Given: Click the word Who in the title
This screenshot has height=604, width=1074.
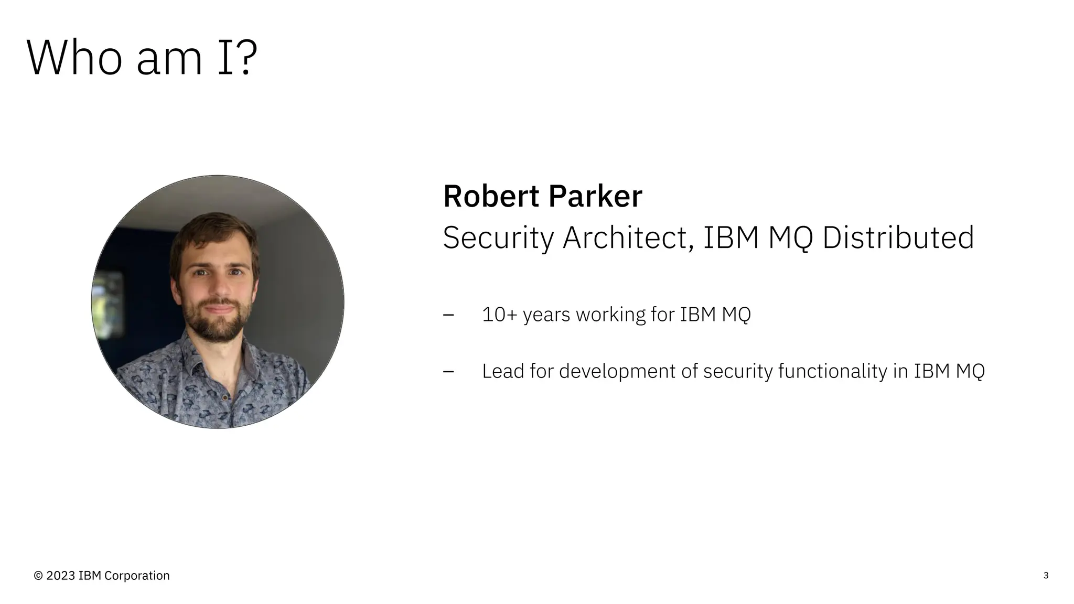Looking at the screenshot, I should pyautogui.click(x=74, y=58).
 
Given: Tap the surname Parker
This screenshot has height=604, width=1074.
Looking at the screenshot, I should pyautogui.click(x=595, y=197).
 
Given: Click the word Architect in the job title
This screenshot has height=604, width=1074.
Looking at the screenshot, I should pyautogui.click(x=625, y=238).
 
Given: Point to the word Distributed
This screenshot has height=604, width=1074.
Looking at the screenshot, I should pyautogui.click(x=898, y=238).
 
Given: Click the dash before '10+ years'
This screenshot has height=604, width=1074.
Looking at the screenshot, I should pyautogui.click(x=448, y=315).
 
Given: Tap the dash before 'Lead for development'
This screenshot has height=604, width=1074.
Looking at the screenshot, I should pyautogui.click(x=448, y=372).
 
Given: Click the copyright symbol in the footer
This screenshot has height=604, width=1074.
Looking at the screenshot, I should pyautogui.click(x=38, y=576).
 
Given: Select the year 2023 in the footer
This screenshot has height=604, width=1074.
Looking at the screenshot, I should pyautogui.click(x=61, y=576).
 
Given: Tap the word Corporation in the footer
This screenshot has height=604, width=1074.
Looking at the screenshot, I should pyautogui.click(x=137, y=576).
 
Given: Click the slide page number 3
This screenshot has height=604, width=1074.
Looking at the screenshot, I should pyautogui.click(x=1046, y=575).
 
